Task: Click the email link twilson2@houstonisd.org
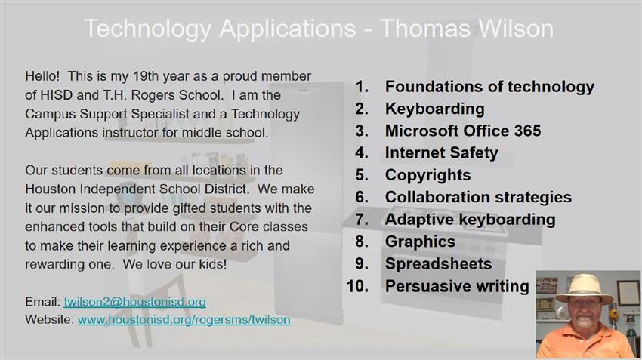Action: pyautogui.click(x=134, y=302)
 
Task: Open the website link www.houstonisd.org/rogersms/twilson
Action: pyautogui.click(x=184, y=319)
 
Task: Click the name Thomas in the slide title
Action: pyautogui.click(x=424, y=29)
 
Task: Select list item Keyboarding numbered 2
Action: pyautogui.click(x=435, y=109)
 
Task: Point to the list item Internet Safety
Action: pyautogui.click(x=441, y=153)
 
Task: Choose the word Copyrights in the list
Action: pyautogui.click(x=427, y=175)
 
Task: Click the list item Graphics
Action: pyautogui.click(x=420, y=242)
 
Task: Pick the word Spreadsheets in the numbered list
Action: pyautogui.click(x=439, y=264)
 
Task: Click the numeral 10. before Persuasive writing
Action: pyautogui.click(x=357, y=286)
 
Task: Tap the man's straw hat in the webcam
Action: pyautogui.click(x=585, y=289)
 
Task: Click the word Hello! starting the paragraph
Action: pyautogui.click(x=42, y=76)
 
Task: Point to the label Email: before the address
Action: pyautogui.click(x=42, y=302)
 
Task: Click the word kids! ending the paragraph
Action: pyautogui.click(x=213, y=264)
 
